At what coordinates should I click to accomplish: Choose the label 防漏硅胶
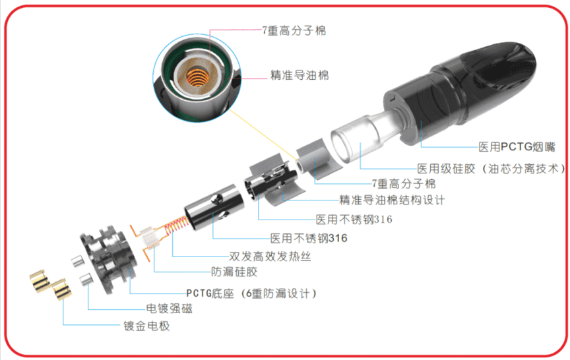click(x=234, y=272)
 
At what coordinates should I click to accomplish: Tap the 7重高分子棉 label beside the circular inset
click(x=294, y=31)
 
